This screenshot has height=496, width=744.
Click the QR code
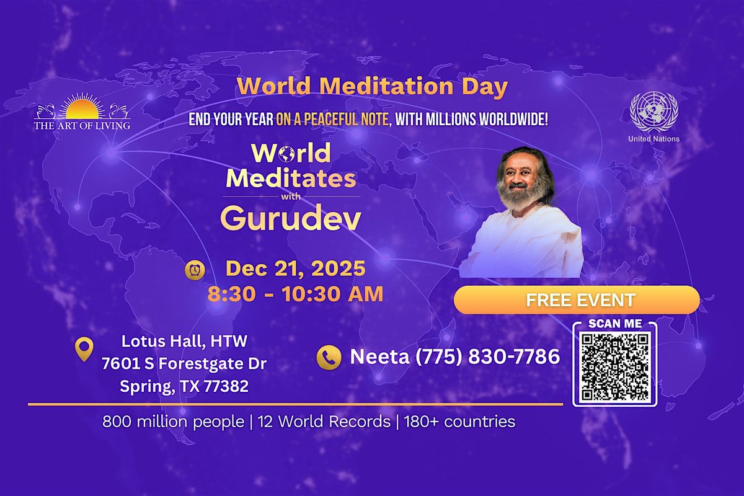tap(614, 366)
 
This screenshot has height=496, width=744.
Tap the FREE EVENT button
tap(577, 301)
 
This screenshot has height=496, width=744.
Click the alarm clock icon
tap(194, 270)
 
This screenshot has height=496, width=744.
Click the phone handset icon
tap(329, 357)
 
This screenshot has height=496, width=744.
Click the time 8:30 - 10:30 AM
tap(295, 294)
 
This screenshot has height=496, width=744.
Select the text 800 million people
tap(173, 422)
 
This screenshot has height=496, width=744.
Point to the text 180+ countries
tap(459, 422)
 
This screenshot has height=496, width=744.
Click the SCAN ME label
tap(614, 324)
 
